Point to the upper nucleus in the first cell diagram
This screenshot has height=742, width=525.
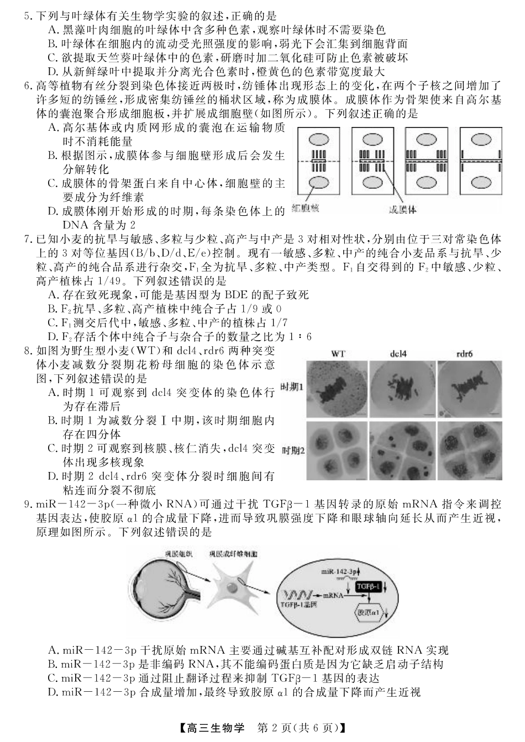click(319, 140)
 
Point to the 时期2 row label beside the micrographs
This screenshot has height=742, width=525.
click(293, 451)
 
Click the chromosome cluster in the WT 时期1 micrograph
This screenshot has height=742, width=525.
click(337, 391)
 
